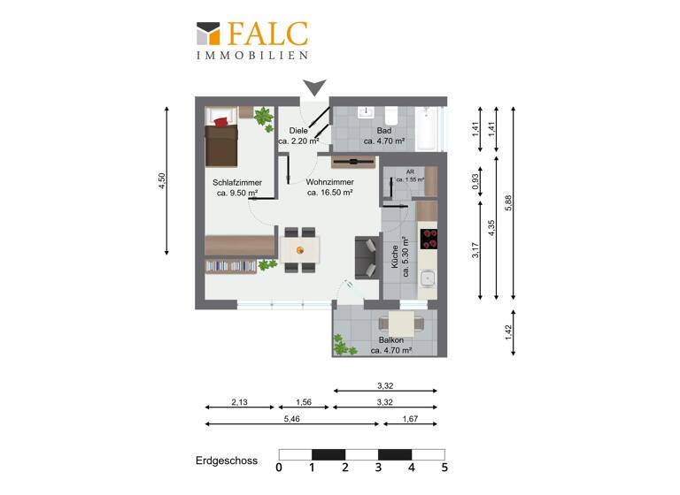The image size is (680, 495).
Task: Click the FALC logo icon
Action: [209, 34]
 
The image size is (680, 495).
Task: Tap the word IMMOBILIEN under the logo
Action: [251, 55]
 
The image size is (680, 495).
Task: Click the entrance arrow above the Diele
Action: [313, 88]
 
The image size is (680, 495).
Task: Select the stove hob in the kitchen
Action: [428, 238]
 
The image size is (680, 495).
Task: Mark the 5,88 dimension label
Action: [506, 204]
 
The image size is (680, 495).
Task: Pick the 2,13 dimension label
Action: [239, 402]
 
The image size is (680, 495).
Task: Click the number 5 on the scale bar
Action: [444, 468]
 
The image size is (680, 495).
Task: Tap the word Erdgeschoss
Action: [226, 461]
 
